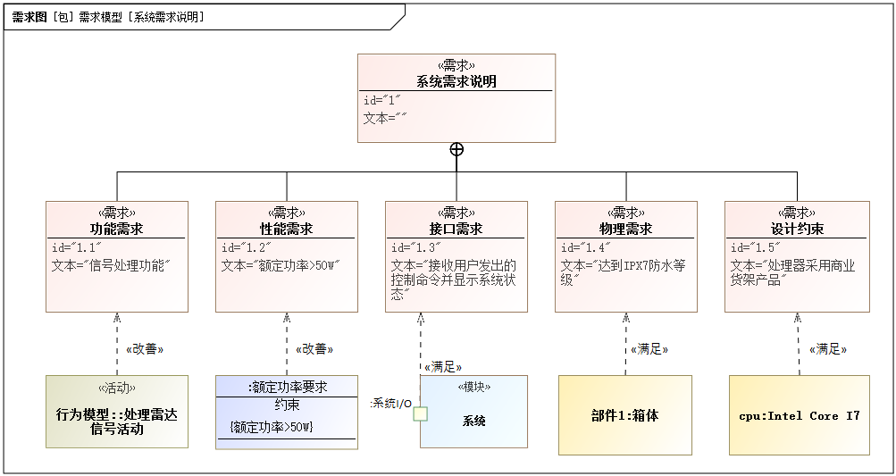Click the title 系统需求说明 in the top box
tap(456, 81)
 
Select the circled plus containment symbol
tap(456, 149)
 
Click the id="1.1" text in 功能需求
tap(77, 247)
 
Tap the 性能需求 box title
tap(286, 229)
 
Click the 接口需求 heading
tap(456, 229)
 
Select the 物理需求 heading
tap(625, 229)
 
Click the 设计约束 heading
tap(797, 229)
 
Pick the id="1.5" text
tap(756, 247)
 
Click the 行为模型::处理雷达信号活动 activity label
tap(117, 422)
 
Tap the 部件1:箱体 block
tap(625, 415)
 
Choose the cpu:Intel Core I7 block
tap(800, 415)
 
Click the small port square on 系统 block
tap(420, 413)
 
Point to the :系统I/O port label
tap(390, 404)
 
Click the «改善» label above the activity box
tap(145, 348)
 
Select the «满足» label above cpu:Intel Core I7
tap(827, 349)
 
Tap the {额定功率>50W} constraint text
tap(272, 427)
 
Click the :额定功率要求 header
tap(287, 387)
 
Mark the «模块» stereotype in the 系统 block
tap(473, 387)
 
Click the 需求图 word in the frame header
tap(29, 16)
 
